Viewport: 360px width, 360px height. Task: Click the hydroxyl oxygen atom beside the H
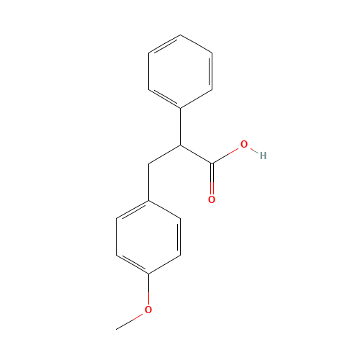(x=244, y=145)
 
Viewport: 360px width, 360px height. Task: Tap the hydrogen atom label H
(x=263, y=155)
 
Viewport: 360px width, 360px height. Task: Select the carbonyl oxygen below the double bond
(x=212, y=199)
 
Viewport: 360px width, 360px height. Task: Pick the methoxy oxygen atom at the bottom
(x=148, y=310)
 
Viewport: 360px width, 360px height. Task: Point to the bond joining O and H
(x=253, y=150)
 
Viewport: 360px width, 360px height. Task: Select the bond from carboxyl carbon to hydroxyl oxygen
(x=226, y=155)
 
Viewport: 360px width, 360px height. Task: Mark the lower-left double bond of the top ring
(x=165, y=99)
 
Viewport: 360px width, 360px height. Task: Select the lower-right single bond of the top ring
(x=196, y=99)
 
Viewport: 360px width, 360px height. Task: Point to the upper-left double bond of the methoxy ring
(x=132, y=209)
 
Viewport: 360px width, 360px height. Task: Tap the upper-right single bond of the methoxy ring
(x=164, y=209)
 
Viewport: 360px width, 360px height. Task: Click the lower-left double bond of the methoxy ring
(x=132, y=264)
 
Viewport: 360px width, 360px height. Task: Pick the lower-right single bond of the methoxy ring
(x=164, y=264)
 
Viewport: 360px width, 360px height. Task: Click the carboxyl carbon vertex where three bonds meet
(x=212, y=163)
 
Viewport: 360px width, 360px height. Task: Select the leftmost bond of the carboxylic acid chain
(x=165, y=154)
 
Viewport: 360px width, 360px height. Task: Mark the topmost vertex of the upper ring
(x=181, y=35)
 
